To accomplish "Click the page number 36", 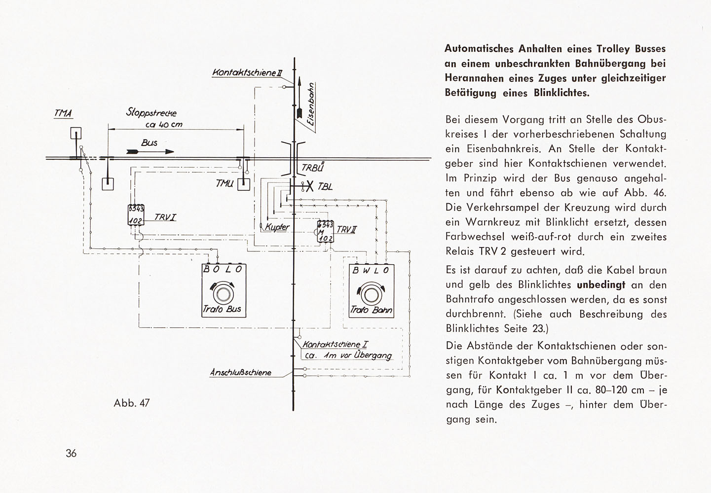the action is click(71, 454).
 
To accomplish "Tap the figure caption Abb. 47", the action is click(131, 403).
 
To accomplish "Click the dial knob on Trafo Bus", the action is click(223, 294).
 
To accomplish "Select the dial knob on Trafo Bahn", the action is click(370, 295).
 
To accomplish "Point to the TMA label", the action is click(63, 113).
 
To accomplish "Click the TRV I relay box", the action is click(136, 215).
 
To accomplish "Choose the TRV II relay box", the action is click(326, 232).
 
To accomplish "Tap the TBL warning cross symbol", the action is click(309, 186).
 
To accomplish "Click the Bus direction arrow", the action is click(150, 152).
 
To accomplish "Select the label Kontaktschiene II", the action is click(247, 72).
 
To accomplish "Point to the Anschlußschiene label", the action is click(241, 372).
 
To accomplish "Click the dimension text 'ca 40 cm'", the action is click(164, 125).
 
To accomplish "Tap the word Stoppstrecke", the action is click(151, 112).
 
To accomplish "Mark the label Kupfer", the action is click(277, 227).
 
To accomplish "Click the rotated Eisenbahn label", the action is click(311, 105).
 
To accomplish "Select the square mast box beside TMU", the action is click(244, 185).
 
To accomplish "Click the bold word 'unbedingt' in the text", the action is click(601, 284).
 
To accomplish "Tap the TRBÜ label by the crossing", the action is click(313, 167).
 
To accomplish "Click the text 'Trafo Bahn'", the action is click(371, 310).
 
